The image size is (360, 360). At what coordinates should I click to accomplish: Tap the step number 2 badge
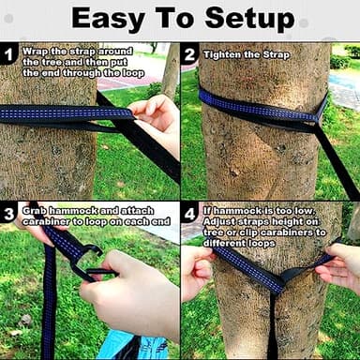[190, 54]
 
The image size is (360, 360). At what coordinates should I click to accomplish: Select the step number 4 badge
[190, 213]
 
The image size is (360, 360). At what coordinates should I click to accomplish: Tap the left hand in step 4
[196, 272]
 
